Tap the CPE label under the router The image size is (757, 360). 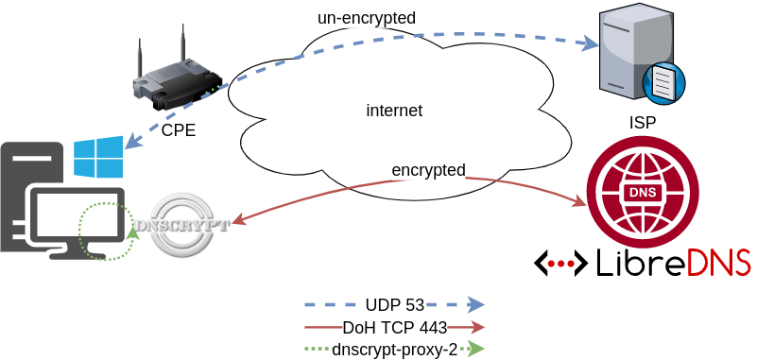click(x=178, y=130)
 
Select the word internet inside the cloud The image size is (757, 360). click(x=394, y=111)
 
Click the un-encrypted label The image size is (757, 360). click(x=367, y=17)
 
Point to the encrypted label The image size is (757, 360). click(x=428, y=170)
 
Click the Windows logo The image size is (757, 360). click(x=98, y=158)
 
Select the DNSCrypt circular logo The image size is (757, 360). click(x=181, y=225)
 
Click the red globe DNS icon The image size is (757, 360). click(x=642, y=192)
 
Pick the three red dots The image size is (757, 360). click(x=560, y=264)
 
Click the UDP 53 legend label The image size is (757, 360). click(x=394, y=304)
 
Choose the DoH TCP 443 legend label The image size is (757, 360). click(x=394, y=328)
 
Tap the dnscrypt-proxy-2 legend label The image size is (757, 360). click(x=394, y=349)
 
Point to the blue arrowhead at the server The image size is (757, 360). click(x=591, y=43)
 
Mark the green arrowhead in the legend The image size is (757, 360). click(x=476, y=349)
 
